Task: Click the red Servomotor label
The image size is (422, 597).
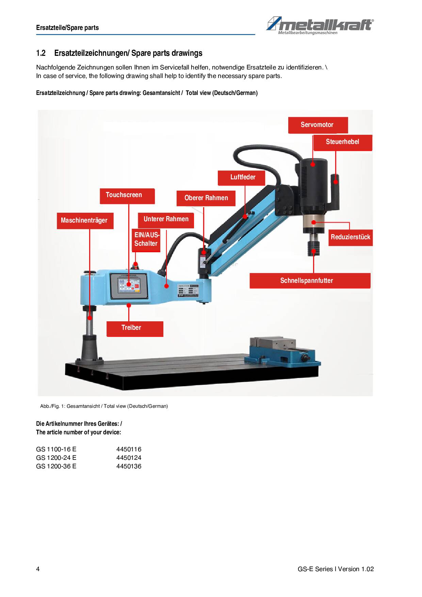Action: (318, 125)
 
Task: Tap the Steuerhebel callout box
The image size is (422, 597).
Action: (342, 142)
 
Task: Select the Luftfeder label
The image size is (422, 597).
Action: (243, 177)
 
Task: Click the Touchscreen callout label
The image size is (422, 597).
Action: (127, 196)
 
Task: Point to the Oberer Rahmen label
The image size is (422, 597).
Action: (206, 198)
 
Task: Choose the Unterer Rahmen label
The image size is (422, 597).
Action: (166, 220)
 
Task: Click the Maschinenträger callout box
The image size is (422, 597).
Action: (84, 221)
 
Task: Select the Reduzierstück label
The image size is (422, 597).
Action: (350, 237)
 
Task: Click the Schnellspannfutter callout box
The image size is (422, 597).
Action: (310, 281)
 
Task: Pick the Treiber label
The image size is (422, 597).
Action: (134, 328)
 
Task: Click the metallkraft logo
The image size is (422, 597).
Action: (320, 26)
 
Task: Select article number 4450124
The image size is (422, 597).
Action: (129, 458)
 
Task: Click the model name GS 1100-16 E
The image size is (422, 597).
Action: (56, 449)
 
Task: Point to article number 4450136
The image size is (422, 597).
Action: (129, 466)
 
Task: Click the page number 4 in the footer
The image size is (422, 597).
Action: (38, 569)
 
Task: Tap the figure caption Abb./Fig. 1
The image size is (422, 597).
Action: (104, 406)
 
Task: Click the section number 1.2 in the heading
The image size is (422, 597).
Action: (41, 53)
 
